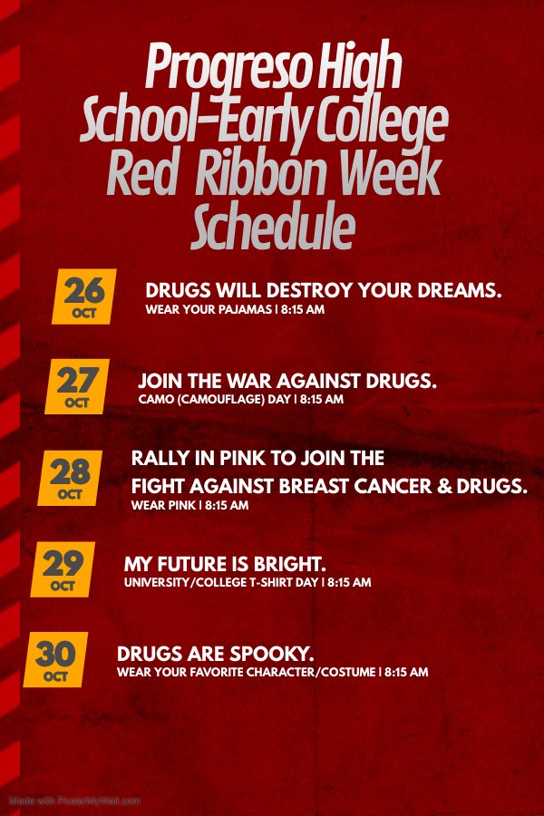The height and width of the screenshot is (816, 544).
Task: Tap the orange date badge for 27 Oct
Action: click(78, 385)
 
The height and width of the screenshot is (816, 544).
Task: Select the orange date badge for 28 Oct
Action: click(71, 477)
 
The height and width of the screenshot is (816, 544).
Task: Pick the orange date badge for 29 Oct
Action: click(63, 568)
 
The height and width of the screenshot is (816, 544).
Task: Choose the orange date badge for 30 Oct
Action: click(56, 659)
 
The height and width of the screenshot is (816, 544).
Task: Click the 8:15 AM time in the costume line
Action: click(406, 673)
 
